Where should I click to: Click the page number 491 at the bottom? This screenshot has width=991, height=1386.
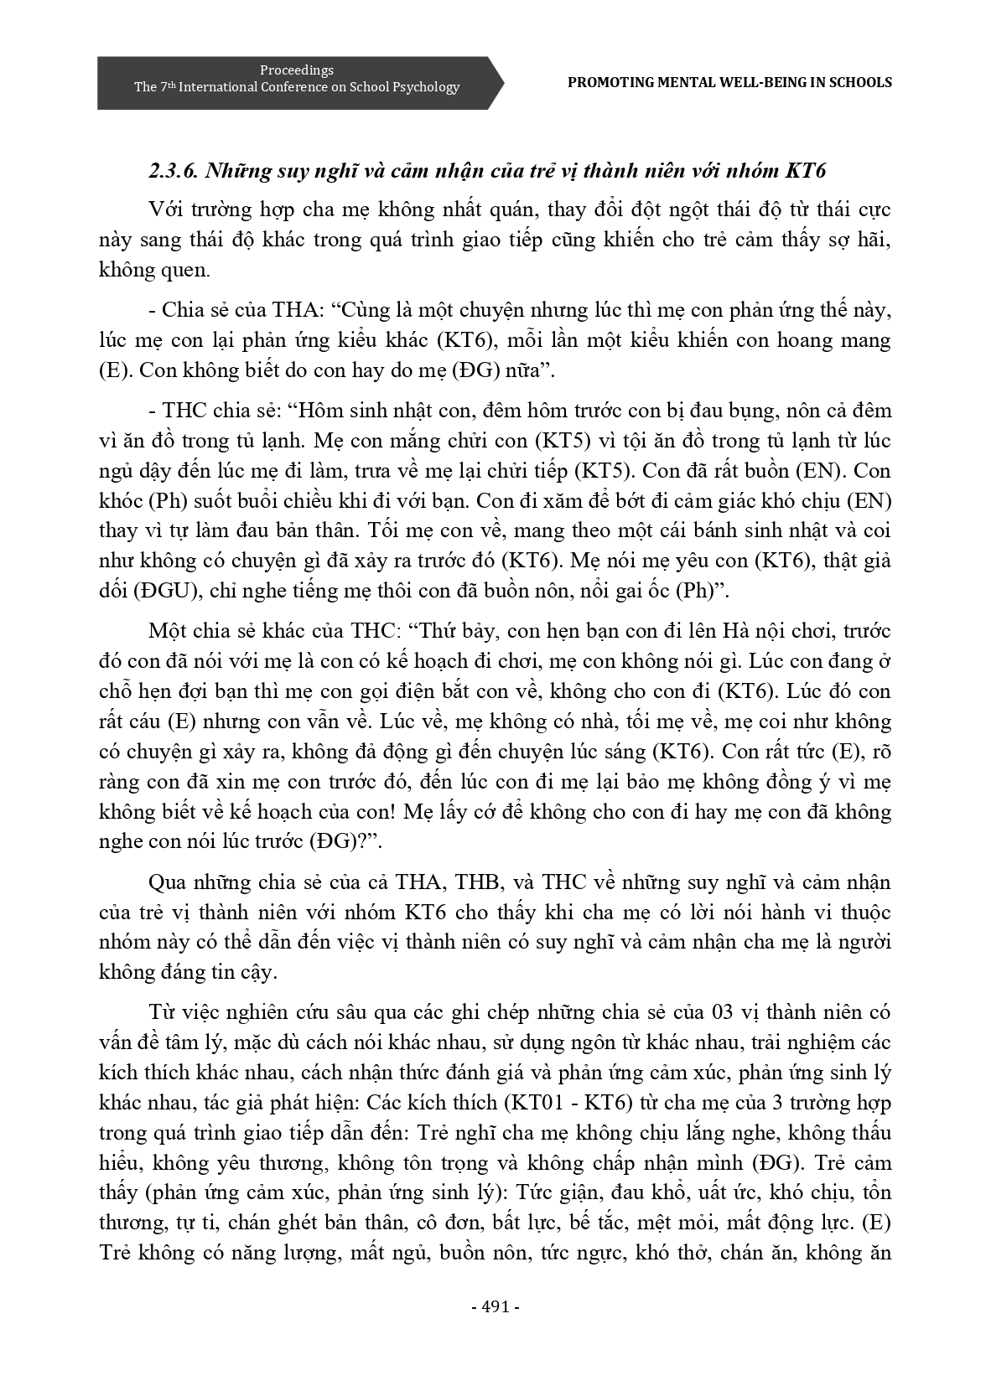[496, 1306]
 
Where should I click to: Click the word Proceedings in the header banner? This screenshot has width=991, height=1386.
[297, 70]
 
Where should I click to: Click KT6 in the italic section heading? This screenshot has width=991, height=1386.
[806, 171]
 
